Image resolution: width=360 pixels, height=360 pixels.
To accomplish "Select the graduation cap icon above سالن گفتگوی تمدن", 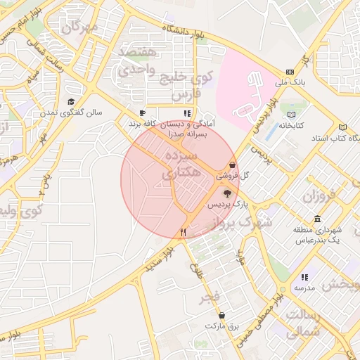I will point(71,101).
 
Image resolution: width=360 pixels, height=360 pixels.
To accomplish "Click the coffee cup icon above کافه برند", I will point(143,112).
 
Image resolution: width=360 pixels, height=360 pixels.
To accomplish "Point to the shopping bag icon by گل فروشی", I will point(232,165).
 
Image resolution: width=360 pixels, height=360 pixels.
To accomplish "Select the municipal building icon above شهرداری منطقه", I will point(318,218).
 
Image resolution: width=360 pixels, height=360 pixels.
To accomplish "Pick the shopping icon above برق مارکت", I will point(222,316).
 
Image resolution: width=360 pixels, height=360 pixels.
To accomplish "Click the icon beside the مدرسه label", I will point(304,278).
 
